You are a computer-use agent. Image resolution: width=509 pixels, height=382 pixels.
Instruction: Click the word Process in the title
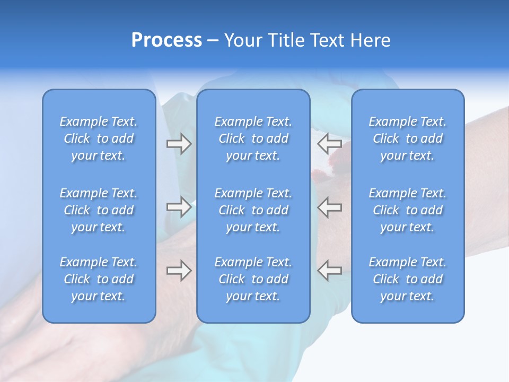coord(166,40)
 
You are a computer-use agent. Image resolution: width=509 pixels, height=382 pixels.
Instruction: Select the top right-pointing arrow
coord(179,144)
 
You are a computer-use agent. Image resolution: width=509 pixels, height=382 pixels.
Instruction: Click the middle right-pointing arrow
coord(179,207)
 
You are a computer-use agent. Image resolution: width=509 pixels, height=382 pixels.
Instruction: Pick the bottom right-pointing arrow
coord(179,271)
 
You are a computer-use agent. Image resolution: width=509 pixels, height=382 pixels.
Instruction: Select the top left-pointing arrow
coord(329,144)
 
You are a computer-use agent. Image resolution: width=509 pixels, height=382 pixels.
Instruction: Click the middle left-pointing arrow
coord(329,207)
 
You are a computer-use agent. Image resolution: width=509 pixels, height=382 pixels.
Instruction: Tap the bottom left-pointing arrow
coord(329,271)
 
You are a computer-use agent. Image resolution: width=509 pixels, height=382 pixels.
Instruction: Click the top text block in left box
coord(99,138)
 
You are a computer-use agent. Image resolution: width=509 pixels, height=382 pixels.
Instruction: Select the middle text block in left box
coord(99,210)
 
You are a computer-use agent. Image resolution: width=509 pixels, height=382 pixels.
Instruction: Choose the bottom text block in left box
coord(99,279)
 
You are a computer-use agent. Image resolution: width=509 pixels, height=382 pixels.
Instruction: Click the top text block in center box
coord(253,138)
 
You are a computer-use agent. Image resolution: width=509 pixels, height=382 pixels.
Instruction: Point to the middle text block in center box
coord(253,210)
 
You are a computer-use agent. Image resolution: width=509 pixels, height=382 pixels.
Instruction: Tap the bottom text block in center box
coord(253,279)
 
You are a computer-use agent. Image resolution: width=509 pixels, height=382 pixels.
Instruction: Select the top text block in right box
coord(407,138)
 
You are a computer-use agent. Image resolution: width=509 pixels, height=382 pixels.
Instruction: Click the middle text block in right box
coord(407,210)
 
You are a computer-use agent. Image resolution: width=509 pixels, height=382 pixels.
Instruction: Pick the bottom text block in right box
coord(407,279)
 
